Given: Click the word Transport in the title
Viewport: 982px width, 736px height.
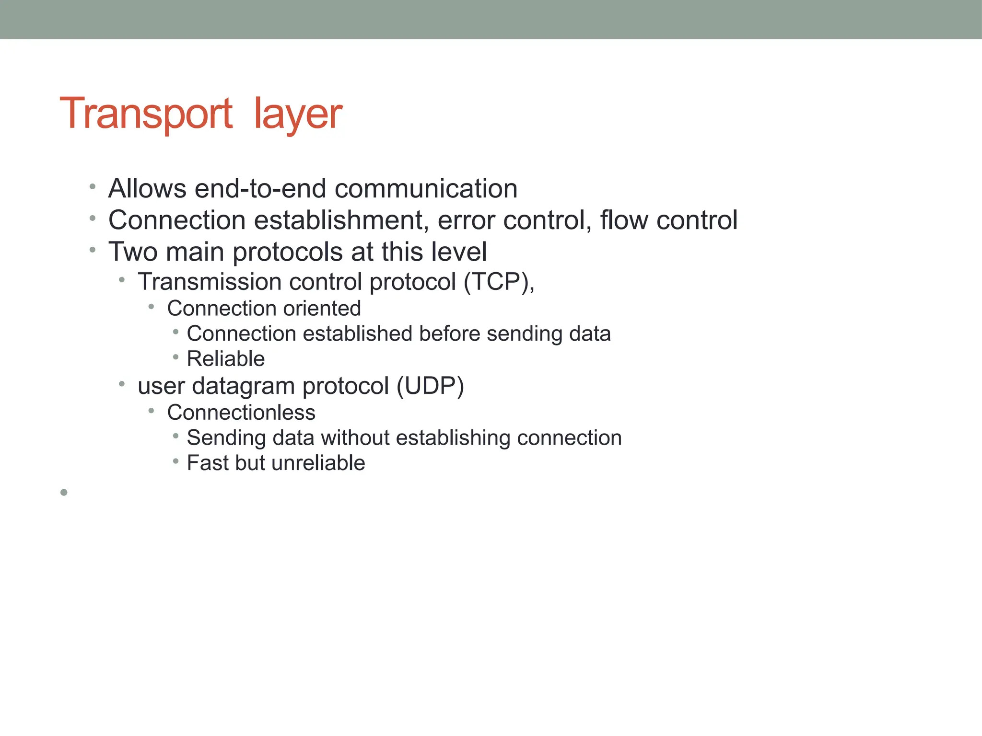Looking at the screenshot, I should [x=146, y=114].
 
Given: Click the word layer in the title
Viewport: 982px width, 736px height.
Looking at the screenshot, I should [x=297, y=115].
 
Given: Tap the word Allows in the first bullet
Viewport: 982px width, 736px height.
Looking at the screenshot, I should [x=147, y=188].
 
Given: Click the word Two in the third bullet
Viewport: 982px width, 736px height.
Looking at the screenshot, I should [x=133, y=252].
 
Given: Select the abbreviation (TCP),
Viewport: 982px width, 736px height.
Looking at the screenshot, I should [x=499, y=282].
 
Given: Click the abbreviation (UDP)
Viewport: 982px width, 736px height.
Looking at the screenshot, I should [x=430, y=386].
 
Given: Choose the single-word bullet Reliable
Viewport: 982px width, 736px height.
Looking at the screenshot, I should [x=225, y=359].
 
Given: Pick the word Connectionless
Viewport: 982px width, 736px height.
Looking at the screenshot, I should [x=241, y=413].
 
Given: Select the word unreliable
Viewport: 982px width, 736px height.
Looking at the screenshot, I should [x=318, y=463].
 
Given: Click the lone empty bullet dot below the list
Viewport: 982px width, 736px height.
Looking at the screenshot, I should [x=64, y=492].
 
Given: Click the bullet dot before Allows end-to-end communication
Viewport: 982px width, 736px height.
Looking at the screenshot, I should [x=93, y=187].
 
